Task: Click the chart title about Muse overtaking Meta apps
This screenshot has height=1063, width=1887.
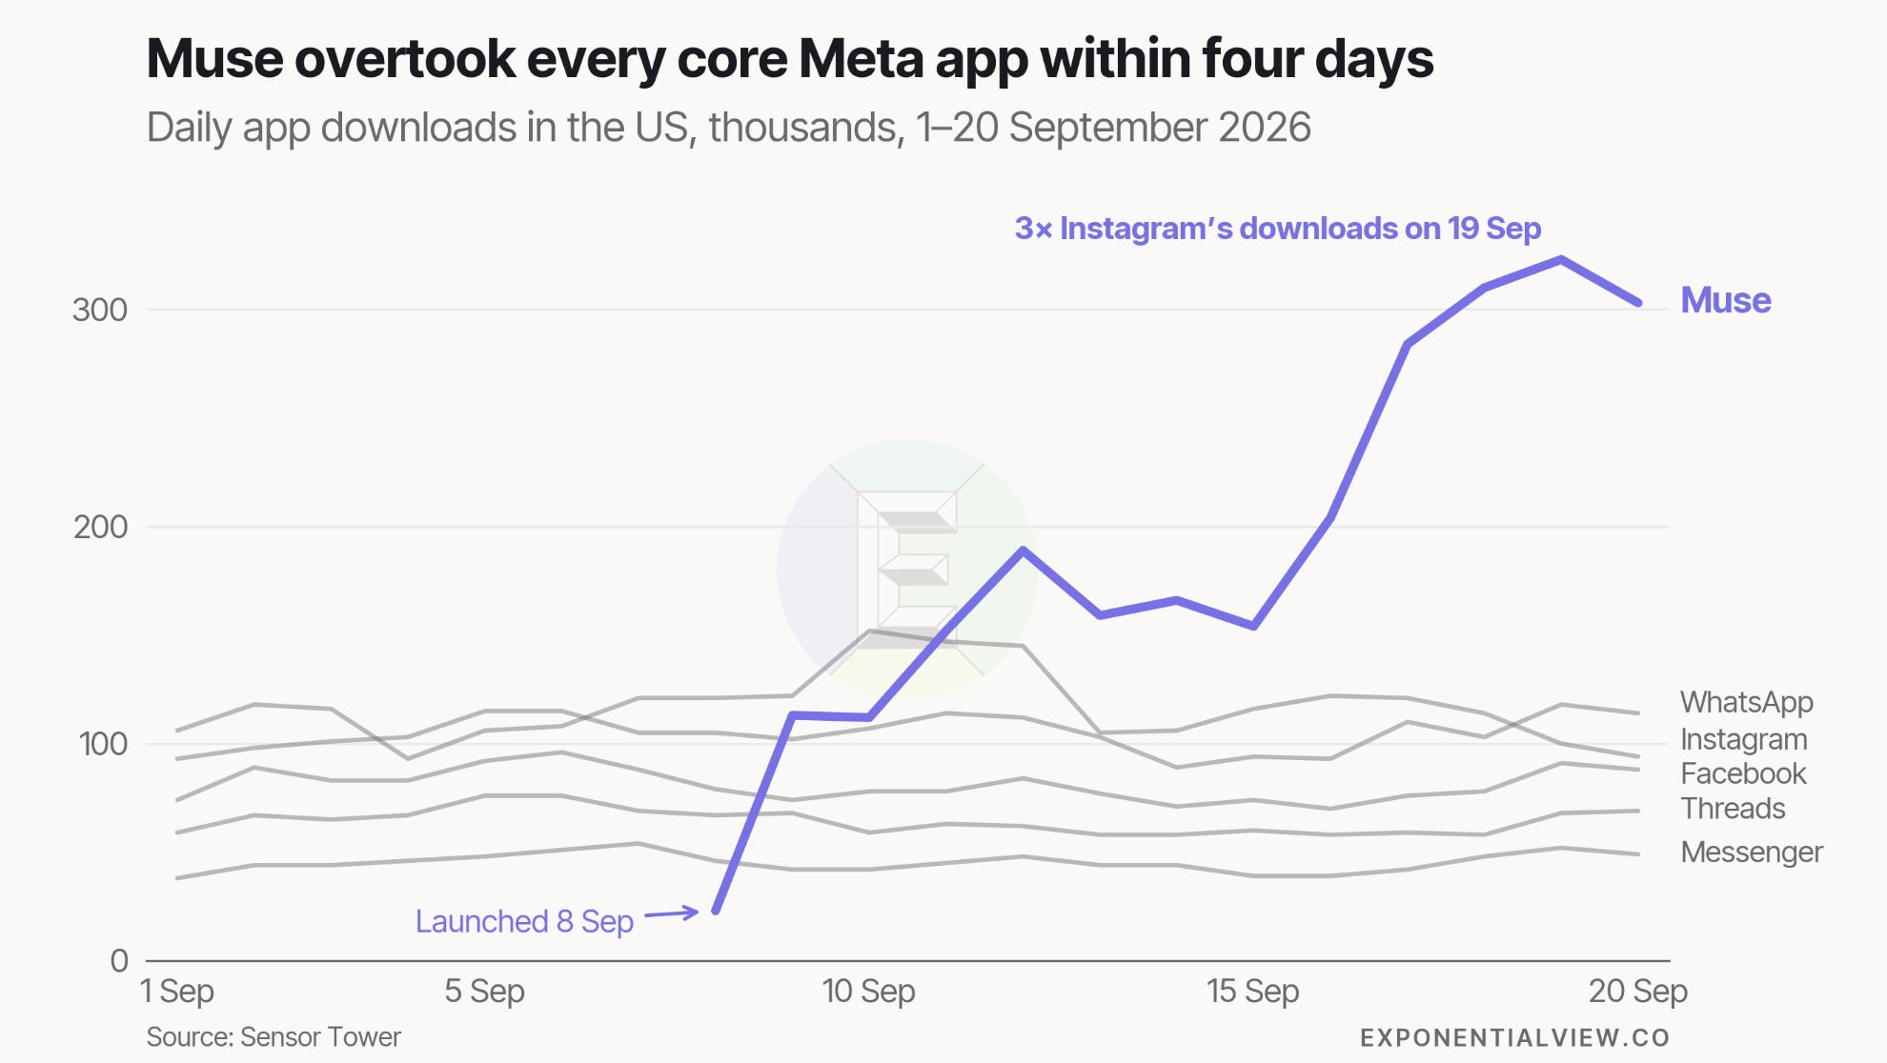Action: (x=789, y=59)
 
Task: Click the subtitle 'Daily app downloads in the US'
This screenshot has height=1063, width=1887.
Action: (x=418, y=128)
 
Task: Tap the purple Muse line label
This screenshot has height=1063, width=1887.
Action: (x=1725, y=300)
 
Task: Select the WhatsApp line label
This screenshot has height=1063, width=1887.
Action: (x=1746, y=703)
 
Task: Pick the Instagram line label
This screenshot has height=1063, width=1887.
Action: (x=1743, y=739)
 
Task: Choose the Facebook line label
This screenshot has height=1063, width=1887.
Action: (x=1742, y=773)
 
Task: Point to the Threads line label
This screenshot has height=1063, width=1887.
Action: (x=1733, y=809)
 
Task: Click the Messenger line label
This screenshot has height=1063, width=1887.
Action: (x=1751, y=852)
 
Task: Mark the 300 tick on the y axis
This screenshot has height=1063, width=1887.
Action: (x=100, y=310)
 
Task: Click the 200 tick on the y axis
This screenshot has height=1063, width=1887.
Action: (x=100, y=527)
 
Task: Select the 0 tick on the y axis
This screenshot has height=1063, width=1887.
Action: (x=119, y=960)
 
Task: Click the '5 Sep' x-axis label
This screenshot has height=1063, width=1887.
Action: (x=484, y=992)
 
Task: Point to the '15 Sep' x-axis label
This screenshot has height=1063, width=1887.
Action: (x=1252, y=992)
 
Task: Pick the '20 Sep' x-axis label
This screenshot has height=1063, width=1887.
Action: (x=1637, y=992)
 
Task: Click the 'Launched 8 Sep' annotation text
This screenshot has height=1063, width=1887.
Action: (x=524, y=921)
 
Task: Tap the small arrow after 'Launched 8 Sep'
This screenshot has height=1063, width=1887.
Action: (x=672, y=914)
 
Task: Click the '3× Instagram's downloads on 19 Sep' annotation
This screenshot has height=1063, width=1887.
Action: (x=1277, y=229)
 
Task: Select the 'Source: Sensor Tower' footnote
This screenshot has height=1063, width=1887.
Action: (x=274, y=1036)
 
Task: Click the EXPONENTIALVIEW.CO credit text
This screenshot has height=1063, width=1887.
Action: (x=1514, y=1038)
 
